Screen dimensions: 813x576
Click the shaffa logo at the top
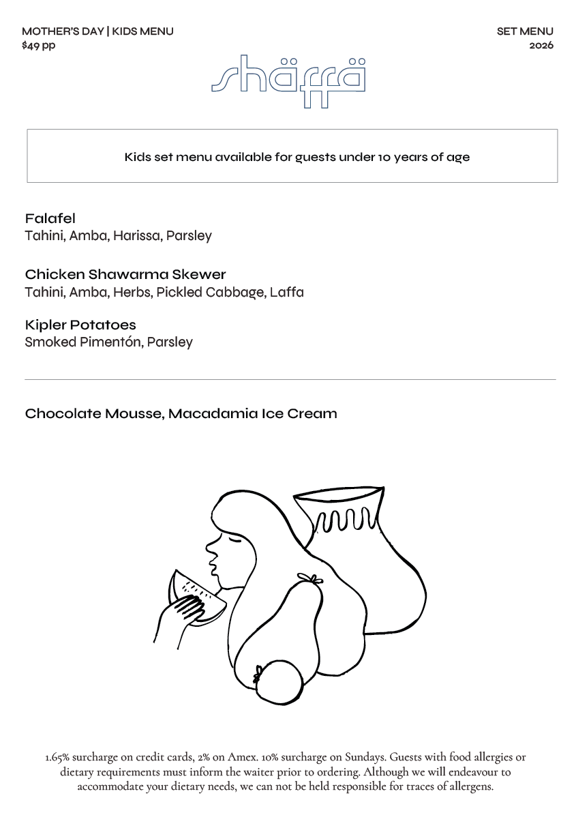288,79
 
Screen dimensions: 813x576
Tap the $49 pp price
39,46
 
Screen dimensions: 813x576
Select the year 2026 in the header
541,46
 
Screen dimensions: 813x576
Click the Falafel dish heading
50,219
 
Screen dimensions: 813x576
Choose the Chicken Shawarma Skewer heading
125,275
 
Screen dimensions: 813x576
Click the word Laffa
286,293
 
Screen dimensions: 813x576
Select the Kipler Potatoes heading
80,325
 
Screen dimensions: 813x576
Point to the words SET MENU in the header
525,31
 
